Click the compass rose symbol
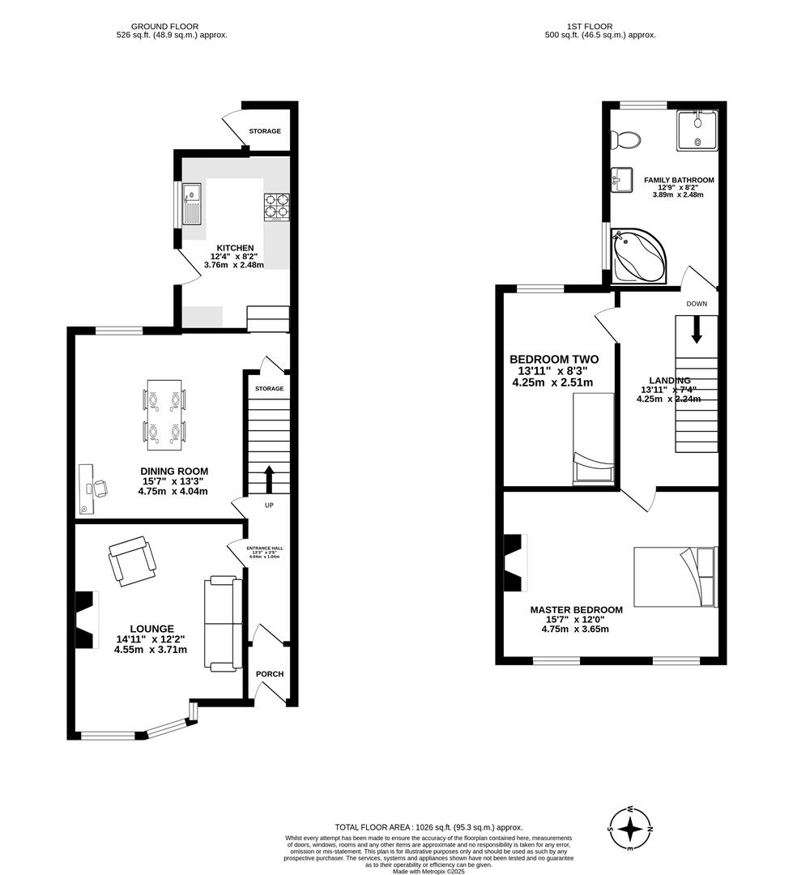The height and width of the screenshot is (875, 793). [x=630, y=829]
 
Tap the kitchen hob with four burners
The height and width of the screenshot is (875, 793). [x=275, y=207]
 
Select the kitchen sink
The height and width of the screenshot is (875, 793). [x=193, y=203]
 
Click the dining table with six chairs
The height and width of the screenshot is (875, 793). [x=165, y=415]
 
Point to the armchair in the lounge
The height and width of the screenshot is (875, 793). [x=132, y=561]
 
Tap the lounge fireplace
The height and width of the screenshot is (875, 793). [x=86, y=620]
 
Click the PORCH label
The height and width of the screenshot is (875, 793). [x=270, y=674]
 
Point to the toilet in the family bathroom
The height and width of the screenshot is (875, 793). [x=627, y=141]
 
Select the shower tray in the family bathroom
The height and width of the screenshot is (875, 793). [x=697, y=130]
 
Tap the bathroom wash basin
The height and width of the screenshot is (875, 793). [x=622, y=178]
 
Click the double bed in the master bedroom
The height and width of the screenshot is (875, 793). [x=676, y=577]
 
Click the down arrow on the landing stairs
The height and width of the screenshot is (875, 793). [x=696, y=331]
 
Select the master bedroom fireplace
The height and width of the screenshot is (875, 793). [x=514, y=563]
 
